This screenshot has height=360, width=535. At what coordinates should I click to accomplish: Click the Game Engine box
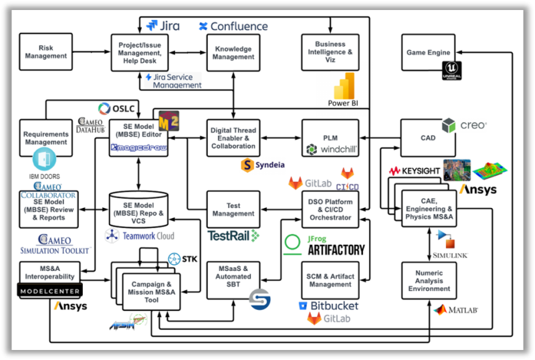point(429,53)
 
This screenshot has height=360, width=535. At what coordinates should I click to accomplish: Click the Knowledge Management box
point(233,53)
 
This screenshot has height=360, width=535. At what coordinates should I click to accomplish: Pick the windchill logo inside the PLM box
point(330,149)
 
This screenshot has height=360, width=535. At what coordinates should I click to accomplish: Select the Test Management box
point(233,209)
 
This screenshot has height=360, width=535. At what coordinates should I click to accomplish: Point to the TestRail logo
point(233,236)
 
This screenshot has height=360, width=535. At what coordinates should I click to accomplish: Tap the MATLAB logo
point(449,310)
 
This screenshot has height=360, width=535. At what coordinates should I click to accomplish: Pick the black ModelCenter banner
point(50,292)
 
